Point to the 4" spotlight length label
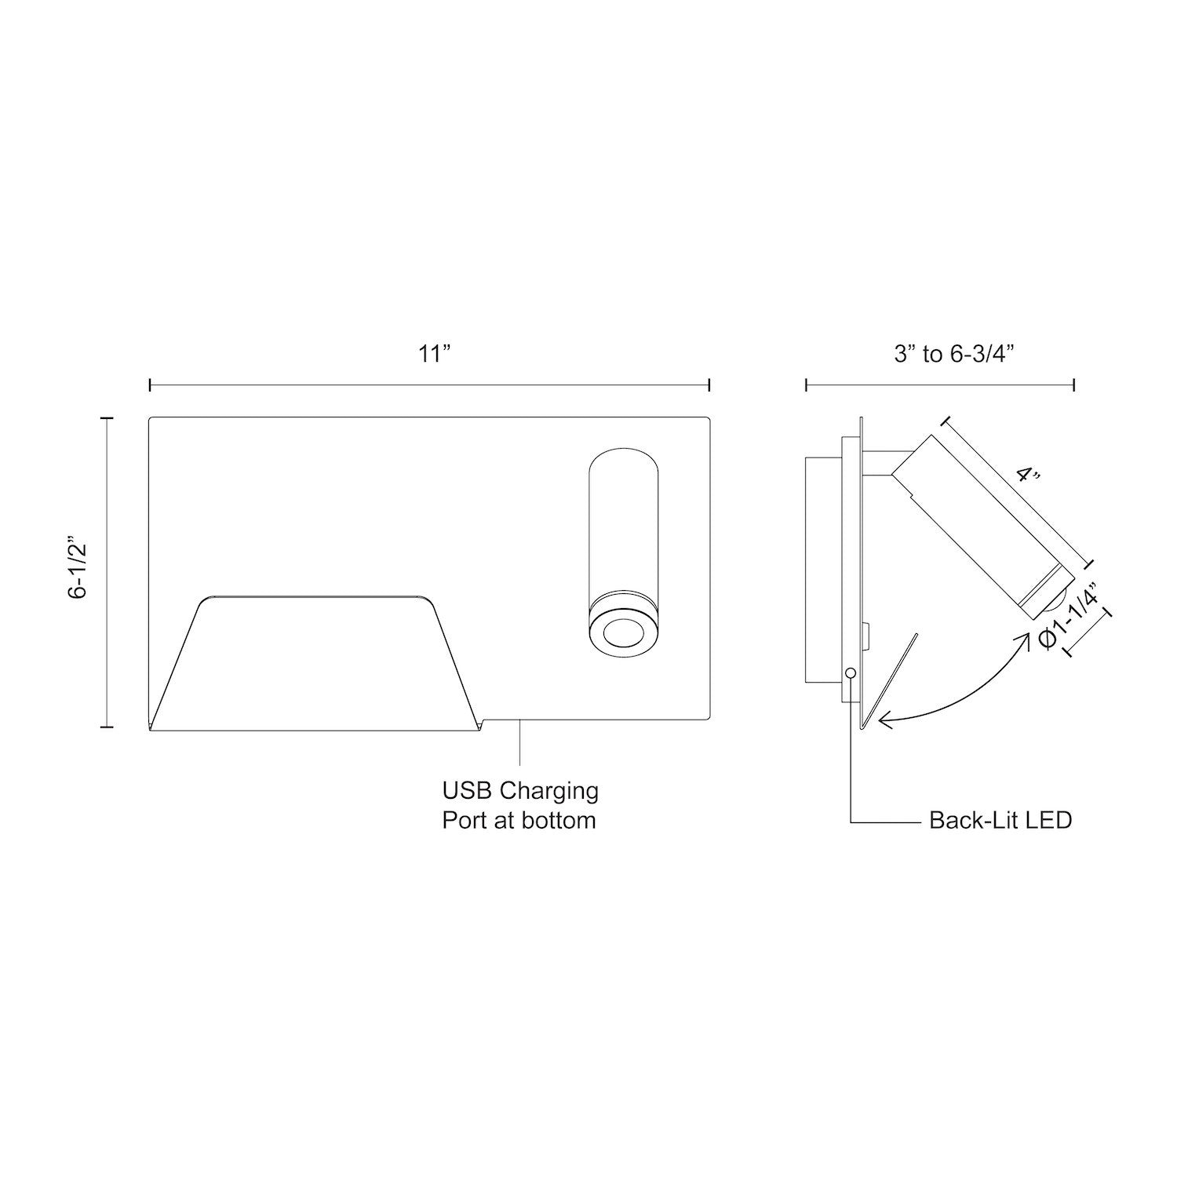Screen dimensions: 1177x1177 [x=1027, y=476]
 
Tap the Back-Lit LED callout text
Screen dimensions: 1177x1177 [x=1000, y=821]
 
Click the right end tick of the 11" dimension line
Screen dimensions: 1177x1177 [x=709, y=384]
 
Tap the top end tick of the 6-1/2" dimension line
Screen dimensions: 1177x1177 [x=107, y=418]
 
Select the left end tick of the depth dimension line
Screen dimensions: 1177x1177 [x=806, y=384]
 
